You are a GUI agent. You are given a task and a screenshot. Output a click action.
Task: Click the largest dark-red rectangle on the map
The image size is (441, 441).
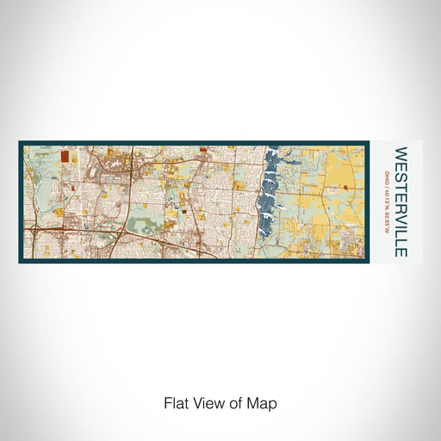[x=65, y=157]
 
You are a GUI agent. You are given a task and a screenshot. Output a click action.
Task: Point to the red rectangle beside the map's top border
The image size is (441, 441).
[x=203, y=149]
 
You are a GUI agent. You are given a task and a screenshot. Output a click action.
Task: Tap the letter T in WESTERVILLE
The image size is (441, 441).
[x=401, y=183]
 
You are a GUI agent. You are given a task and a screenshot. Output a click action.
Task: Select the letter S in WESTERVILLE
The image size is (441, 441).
[x=401, y=175]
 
